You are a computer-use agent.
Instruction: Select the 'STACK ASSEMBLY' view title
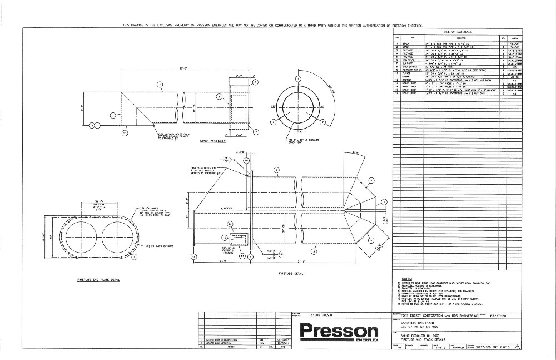[213, 141]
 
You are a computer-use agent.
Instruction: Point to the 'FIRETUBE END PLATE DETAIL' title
[98, 280]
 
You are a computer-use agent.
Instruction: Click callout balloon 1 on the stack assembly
[159, 85]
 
